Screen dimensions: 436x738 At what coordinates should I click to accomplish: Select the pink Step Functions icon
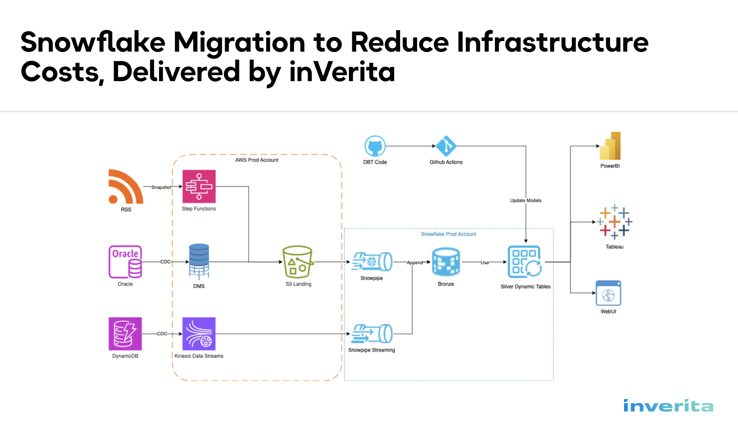coord(199,186)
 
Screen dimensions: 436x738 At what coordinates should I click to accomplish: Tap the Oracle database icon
coord(125,262)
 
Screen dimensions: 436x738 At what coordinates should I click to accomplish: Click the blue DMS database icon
coord(199,261)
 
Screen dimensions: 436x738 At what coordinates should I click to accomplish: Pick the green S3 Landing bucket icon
coord(298,262)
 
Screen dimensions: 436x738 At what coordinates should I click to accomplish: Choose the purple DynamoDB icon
coord(125,334)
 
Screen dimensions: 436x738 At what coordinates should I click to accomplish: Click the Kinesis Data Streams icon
coord(199,334)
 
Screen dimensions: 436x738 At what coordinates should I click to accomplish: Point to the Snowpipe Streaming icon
coord(372,333)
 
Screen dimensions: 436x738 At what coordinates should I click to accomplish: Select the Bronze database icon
coord(446,261)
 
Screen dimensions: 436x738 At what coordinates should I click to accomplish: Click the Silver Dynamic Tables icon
coord(525,261)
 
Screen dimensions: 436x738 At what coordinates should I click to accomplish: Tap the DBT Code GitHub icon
coord(375,146)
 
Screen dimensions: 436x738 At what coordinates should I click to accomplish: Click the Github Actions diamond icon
coord(446,146)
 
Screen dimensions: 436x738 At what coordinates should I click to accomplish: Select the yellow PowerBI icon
coord(610,146)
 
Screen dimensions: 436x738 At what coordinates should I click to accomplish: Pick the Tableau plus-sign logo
coord(614,222)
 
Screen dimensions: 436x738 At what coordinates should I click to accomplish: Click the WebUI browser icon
coord(608,293)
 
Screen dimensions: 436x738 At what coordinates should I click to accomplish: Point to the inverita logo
coord(668,406)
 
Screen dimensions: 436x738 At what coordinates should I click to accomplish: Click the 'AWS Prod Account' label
coord(257,160)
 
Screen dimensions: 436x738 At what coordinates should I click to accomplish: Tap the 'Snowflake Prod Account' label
coord(449,234)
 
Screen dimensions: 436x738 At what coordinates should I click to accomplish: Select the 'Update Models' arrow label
coord(526,200)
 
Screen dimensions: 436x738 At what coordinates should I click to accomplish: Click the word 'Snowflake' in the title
coord(93,42)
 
